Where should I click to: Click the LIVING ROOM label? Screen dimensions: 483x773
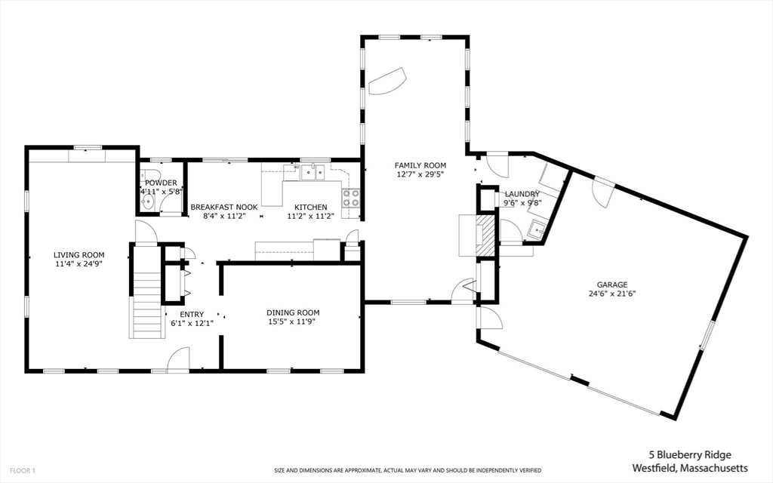pyautogui.click(x=79, y=255)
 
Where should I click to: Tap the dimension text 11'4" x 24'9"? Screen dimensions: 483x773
pyautogui.click(x=79, y=265)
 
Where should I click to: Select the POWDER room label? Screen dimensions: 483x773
pyautogui.click(x=161, y=183)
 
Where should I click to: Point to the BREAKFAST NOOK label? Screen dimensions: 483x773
pyautogui.click(x=224, y=207)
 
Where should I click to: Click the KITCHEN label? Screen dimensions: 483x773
pyautogui.click(x=311, y=207)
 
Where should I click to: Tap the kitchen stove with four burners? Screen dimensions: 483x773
pyautogui.click(x=351, y=198)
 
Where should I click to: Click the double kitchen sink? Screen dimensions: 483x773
pyautogui.click(x=311, y=173)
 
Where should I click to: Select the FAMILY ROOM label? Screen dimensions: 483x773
pyautogui.click(x=420, y=165)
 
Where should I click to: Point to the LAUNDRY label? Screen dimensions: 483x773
pyautogui.click(x=522, y=194)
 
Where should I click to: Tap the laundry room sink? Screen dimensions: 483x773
pyautogui.click(x=537, y=229)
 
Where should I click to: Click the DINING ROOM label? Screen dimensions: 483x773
pyautogui.click(x=293, y=312)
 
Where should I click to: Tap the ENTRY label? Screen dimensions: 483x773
pyautogui.click(x=191, y=315)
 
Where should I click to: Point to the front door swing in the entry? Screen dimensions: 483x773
pyautogui.click(x=178, y=359)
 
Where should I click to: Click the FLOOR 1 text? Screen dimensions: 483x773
pyautogui.click(x=19, y=470)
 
